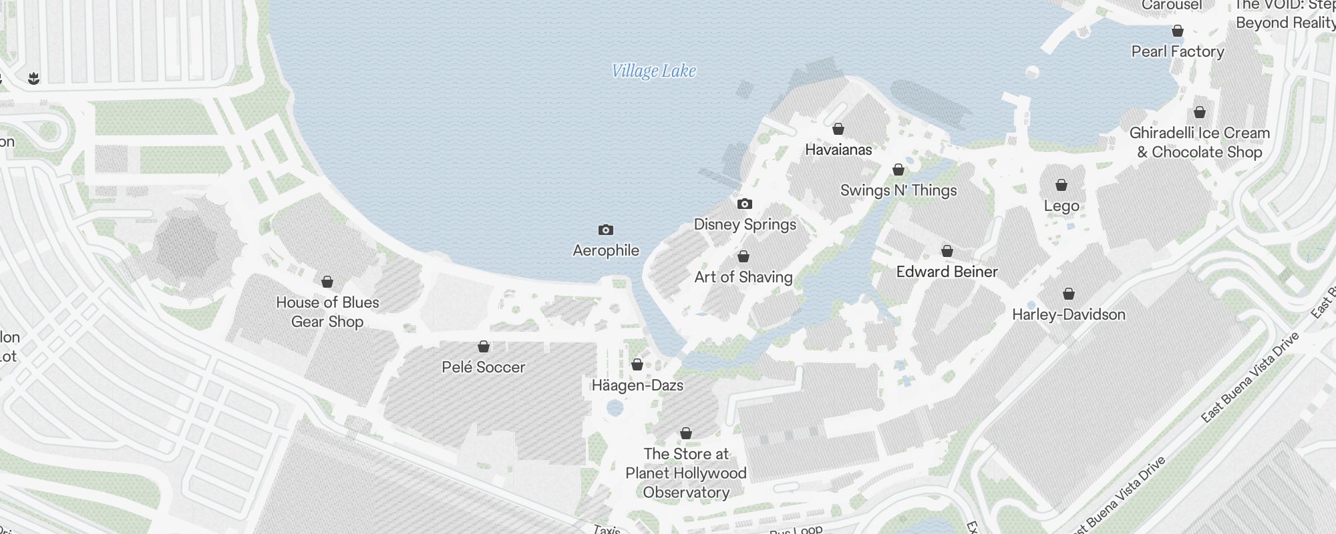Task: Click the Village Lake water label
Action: [654, 71]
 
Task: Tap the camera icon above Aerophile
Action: [605, 230]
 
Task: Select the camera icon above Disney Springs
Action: [744, 204]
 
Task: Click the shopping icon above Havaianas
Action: [838, 129]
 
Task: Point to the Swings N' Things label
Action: [898, 190]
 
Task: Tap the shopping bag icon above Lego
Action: [1061, 185]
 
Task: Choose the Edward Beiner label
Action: [947, 272]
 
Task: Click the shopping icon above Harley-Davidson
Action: [1069, 294]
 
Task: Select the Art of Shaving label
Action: [743, 277]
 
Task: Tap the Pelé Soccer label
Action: [484, 367]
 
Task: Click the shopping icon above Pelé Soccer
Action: [484, 347]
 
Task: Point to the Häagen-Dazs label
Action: [637, 385]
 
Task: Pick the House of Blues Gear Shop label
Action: [327, 312]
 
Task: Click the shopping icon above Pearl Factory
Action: [1178, 31]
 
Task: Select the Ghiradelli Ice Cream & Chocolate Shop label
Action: [1200, 142]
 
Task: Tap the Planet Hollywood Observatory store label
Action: [686, 473]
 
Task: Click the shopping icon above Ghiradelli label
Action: [1200, 113]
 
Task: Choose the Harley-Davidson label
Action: [1069, 314]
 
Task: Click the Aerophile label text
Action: [606, 250]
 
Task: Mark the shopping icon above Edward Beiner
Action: [947, 252]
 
